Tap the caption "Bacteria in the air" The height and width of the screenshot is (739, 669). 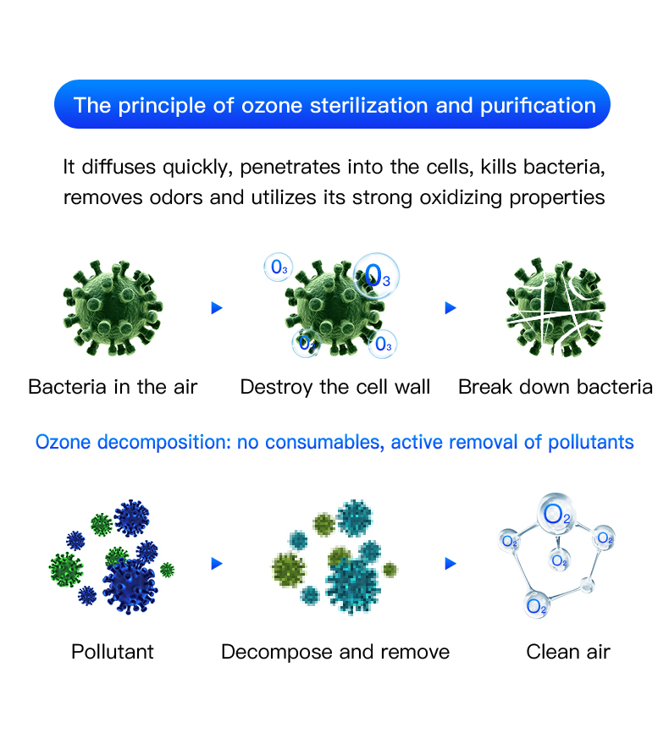113,387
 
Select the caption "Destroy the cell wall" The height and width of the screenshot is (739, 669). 334,387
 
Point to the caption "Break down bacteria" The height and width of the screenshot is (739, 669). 556,387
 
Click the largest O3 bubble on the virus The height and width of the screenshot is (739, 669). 376,276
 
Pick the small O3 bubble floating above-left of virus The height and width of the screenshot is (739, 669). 278,267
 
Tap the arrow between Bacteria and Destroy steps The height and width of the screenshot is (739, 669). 217,308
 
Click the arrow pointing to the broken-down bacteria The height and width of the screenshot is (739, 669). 451,308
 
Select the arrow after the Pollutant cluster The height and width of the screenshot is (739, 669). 217,563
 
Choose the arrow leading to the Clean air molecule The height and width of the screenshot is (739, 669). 451,563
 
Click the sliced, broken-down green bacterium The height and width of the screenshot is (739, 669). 556,306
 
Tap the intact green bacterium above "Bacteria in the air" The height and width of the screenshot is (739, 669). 113,307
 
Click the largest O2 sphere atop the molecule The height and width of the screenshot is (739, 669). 556,514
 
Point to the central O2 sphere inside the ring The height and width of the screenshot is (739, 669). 559,560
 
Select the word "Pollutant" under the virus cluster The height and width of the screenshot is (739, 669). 113,652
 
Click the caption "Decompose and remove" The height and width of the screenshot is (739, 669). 335,652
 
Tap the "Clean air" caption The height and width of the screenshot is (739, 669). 568,652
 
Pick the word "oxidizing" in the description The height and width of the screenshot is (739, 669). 461,197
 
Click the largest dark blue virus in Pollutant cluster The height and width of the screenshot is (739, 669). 130,586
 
